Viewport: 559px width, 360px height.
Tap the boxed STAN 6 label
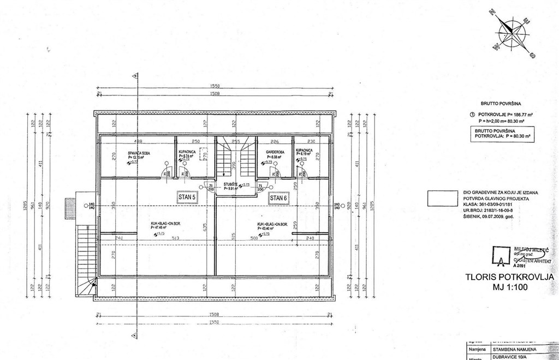[278, 198]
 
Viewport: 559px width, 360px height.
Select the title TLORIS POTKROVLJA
[509, 277]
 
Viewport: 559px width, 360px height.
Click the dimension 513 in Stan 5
[175, 238]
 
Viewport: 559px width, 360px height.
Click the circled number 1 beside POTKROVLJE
[472, 115]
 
